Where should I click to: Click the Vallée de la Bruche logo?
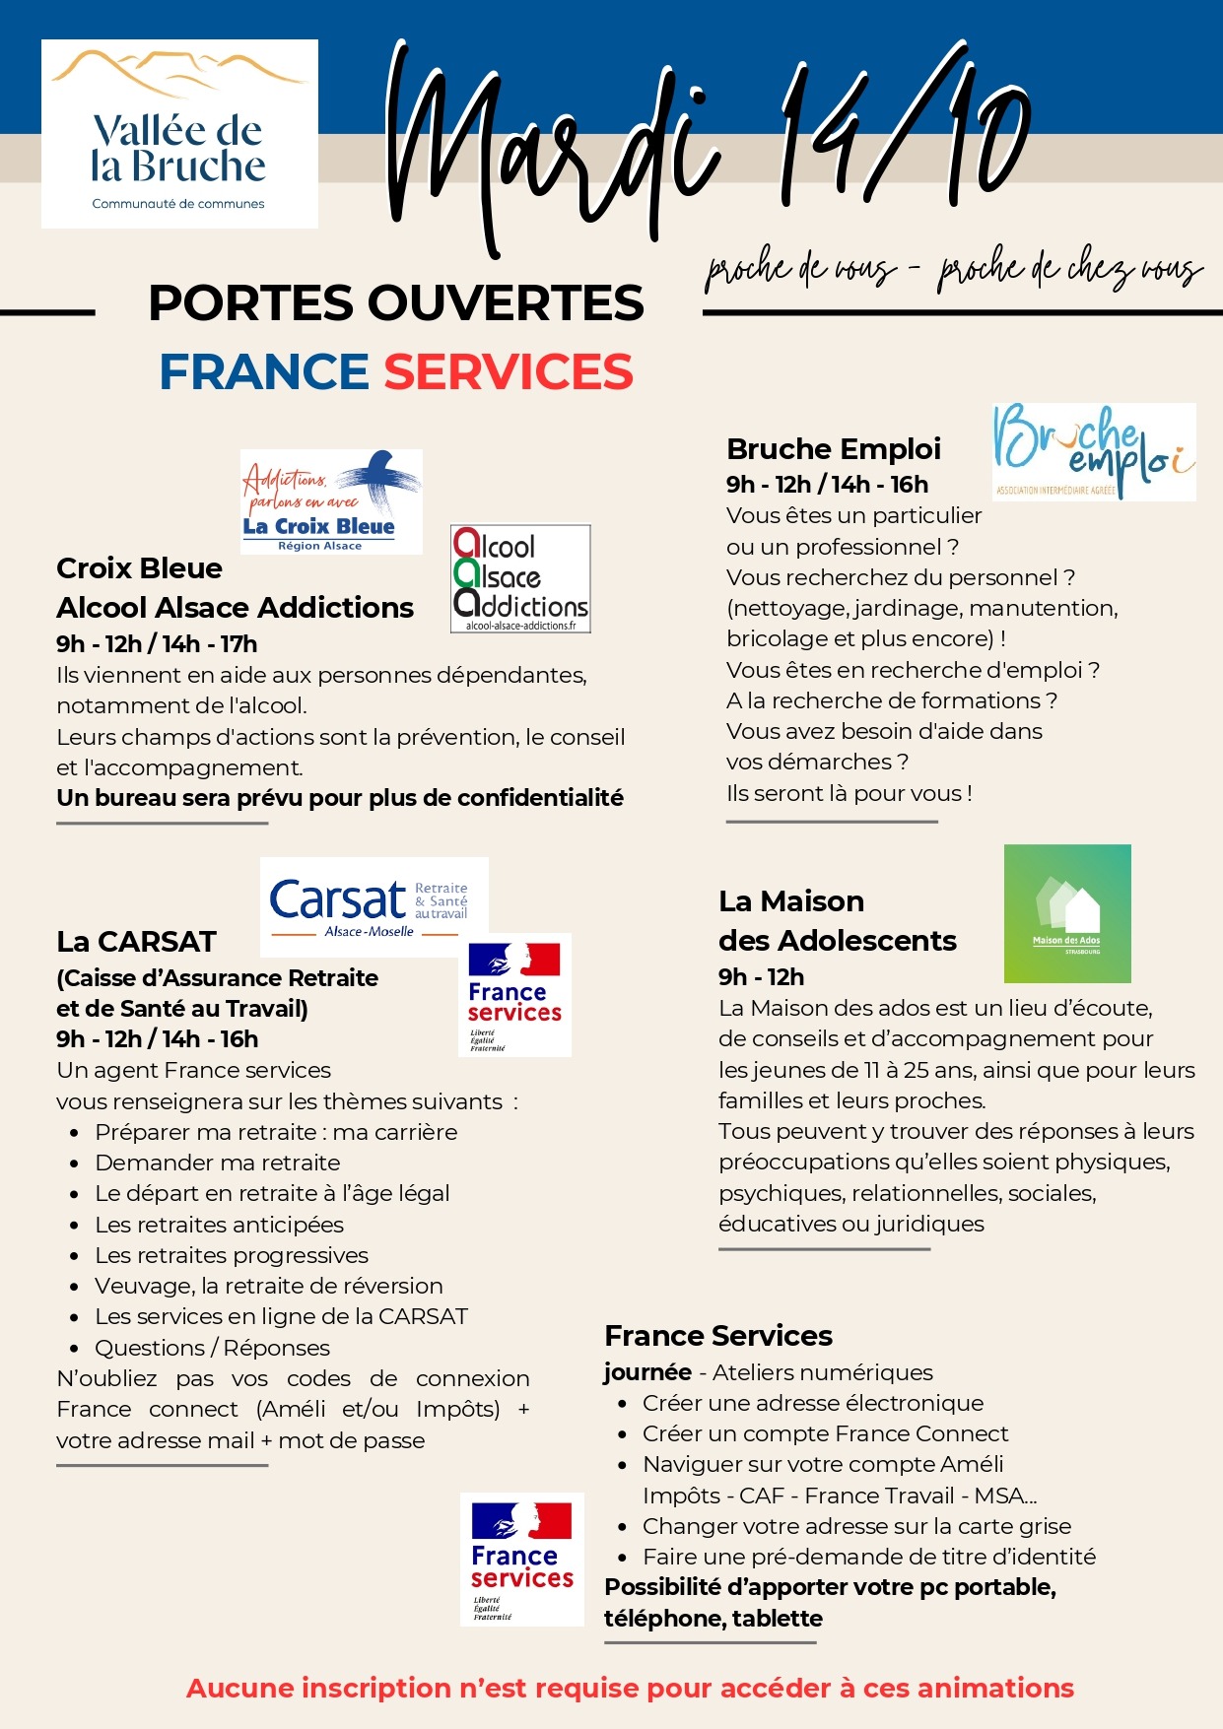tap(179, 134)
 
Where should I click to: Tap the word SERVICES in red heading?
tap(509, 372)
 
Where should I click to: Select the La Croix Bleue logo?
tap(331, 501)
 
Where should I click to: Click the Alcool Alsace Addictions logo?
tap(520, 578)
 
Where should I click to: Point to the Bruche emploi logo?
tap(1094, 452)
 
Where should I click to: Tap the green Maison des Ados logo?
tap(1067, 913)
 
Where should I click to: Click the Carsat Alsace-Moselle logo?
tap(374, 906)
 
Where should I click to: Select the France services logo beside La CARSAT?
tap(514, 995)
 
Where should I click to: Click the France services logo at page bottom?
tap(521, 1559)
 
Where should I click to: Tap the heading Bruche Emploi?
tap(833, 449)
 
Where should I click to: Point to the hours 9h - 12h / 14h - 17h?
tap(157, 644)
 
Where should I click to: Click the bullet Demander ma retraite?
tap(218, 1163)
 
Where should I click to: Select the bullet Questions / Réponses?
tap(212, 1348)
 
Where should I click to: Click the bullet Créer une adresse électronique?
tap(813, 1403)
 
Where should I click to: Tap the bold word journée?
tap(647, 1372)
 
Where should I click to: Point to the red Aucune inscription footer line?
tap(630, 1688)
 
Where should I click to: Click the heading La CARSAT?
tap(136, 942)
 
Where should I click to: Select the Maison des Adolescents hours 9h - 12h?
tap(761, 977)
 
